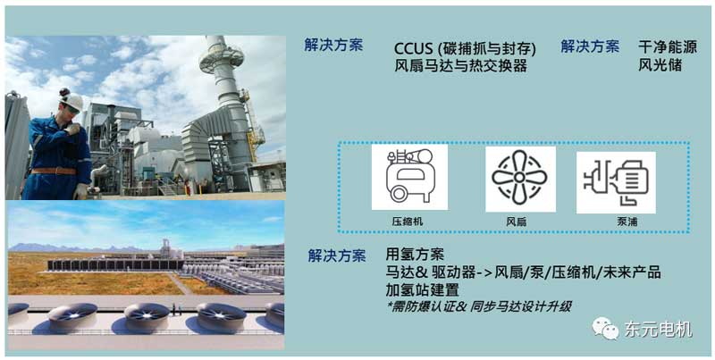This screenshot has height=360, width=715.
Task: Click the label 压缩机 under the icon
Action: [408, 222]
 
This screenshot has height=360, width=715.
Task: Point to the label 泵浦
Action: [627, 222]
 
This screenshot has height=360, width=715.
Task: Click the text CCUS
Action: [413, 49]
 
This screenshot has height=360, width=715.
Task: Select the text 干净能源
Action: [668, 47]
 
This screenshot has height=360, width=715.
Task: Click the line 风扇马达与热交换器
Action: [460, 66]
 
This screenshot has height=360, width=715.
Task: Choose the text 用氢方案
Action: [415, 254]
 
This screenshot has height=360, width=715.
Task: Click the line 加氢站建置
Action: [422, 289]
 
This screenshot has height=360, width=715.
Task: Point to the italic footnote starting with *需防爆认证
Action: [478, 306]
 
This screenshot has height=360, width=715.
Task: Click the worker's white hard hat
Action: [72, 101]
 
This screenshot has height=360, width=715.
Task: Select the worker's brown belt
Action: [54, 171]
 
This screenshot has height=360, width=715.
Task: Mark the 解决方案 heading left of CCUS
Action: [333, 46]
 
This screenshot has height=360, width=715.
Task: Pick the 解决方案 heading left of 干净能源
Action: [590, 46]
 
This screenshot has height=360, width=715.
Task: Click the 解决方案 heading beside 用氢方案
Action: [337, 256]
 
